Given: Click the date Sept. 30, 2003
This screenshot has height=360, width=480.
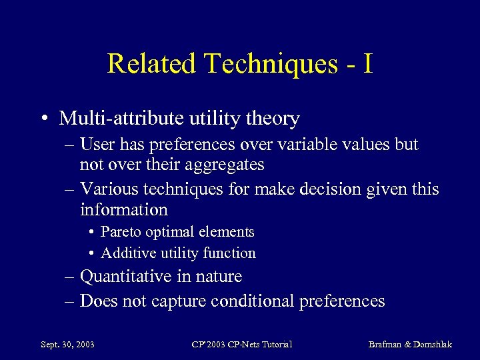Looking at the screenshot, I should point(67,345).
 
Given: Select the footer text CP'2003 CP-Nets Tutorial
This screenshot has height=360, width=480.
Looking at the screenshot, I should point(241,345).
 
